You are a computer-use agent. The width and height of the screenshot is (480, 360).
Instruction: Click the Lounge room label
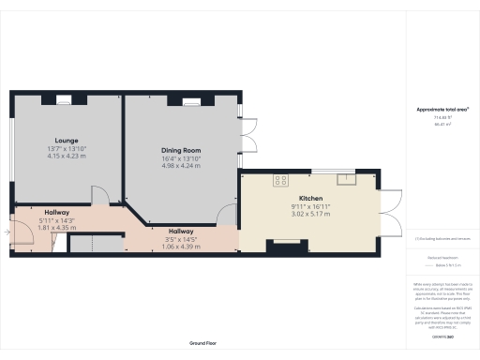(66, 139)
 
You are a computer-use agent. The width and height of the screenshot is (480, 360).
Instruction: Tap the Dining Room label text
(182, 150)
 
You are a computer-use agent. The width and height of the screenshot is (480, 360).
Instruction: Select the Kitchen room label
(310, 198)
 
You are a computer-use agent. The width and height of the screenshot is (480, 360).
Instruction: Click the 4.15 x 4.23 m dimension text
(66, 156)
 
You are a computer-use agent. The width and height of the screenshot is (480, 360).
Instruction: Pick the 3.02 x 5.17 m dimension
(310, 215)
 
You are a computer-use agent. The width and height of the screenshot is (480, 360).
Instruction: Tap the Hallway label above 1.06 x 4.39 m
(181, 231)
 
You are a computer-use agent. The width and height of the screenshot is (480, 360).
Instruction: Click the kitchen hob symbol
(279, 179)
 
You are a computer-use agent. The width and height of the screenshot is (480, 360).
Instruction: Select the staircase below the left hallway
(97, 244)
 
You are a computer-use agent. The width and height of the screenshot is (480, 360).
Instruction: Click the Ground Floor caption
(203, 344)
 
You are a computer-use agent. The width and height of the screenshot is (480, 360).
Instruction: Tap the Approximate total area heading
(442, 109)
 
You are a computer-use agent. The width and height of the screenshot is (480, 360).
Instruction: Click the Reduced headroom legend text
(442, 255)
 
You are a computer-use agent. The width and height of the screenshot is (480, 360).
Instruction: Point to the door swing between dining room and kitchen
(228, 215)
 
